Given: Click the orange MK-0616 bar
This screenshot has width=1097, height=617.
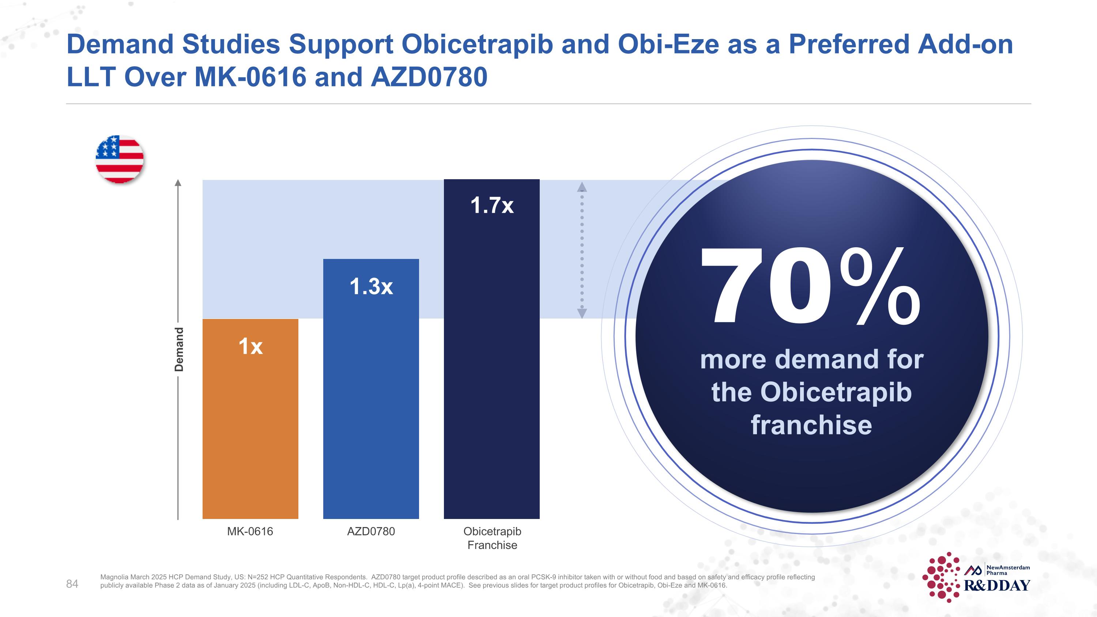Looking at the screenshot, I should point(250,426).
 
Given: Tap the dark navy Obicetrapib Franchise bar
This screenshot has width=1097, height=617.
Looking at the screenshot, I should point(491,362).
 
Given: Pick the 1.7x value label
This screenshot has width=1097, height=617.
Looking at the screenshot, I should point(492,205).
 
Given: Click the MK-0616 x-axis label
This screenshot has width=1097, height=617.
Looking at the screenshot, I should point(250,531).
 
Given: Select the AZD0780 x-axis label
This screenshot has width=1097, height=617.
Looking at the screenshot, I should point(371,531).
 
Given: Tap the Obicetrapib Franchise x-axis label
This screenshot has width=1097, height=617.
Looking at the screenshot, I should point(492,538).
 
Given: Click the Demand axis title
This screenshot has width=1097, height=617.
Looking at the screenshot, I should point(179,349).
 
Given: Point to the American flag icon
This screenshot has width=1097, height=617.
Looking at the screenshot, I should point(120,159).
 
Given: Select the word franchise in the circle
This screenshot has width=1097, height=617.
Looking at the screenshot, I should point(811,425).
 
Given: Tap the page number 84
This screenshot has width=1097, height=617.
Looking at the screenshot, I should point(72,584).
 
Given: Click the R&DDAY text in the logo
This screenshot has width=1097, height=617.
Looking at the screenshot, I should point(997,586).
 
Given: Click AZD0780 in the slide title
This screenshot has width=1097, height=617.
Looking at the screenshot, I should point(429,77).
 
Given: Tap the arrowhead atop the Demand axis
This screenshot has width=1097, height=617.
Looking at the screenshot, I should point(178,183).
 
